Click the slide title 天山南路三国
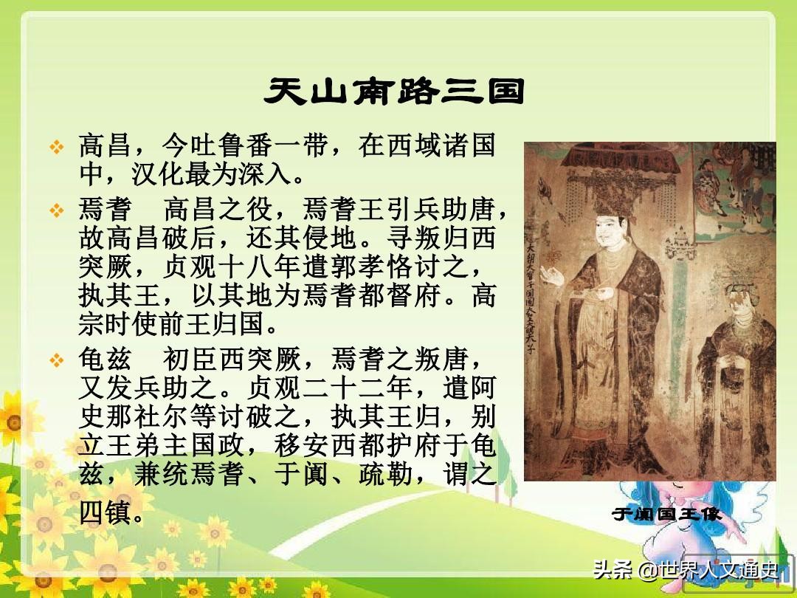tap(395, 92)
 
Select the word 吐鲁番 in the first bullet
tap(230, 146)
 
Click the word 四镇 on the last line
tap(104, 512)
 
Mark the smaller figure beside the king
tap(734, 369)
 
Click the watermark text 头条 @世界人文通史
tap(686, 570)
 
